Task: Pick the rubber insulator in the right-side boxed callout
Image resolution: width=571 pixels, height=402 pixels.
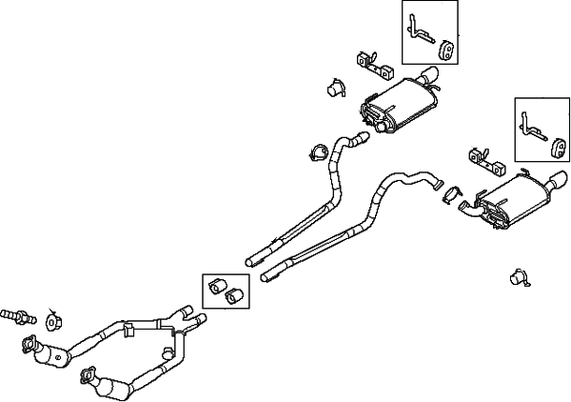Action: click(x=561, y=146)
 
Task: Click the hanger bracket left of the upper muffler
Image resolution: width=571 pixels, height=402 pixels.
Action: click(x=374, y=65)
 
